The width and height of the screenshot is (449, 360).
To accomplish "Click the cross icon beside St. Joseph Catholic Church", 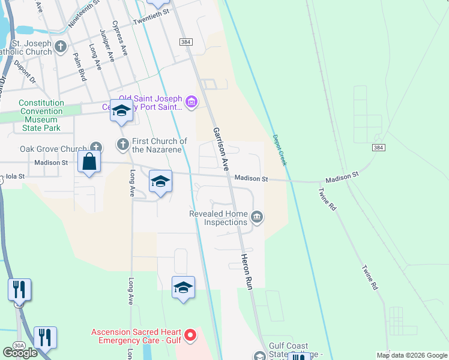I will tap(61, 46).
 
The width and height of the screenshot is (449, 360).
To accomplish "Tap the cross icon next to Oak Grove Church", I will tap(96, 147).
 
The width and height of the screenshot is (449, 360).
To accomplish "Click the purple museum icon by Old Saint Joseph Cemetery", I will tap(191, 103).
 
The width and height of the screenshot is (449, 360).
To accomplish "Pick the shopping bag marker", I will tap(89, 162).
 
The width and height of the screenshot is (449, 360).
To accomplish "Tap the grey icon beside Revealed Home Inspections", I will tap(257, 217).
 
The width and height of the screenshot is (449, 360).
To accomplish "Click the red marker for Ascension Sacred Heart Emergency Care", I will tap(190, 335).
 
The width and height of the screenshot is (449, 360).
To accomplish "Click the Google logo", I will tap(20, 352).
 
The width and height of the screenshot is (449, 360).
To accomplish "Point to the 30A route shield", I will tap(18, 346).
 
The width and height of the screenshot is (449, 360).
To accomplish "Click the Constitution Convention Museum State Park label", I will tap(41, 115).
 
